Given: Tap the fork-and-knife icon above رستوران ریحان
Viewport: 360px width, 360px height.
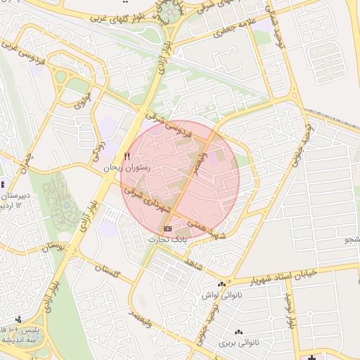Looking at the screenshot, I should coord(127,157).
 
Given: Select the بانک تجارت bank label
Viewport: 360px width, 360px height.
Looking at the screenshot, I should coord(167,240).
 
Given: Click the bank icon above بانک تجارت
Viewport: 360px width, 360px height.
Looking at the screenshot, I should coord(167,229).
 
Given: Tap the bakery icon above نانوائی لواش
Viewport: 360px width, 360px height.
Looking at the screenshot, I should coord(221,285).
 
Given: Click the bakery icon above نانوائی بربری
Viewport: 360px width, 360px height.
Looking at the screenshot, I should coord(237,332).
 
